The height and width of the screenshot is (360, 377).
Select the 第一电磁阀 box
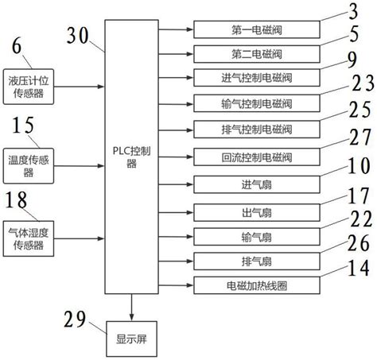(x=256, y=31)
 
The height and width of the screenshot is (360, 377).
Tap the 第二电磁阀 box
(x=256, y=54)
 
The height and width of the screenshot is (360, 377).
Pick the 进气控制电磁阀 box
(x=256, y=78)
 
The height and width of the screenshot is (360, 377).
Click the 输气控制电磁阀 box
(x=256, y=103)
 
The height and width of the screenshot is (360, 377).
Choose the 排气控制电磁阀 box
(x=256, y=128)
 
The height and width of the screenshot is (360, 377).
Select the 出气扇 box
(x=256, y=211)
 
